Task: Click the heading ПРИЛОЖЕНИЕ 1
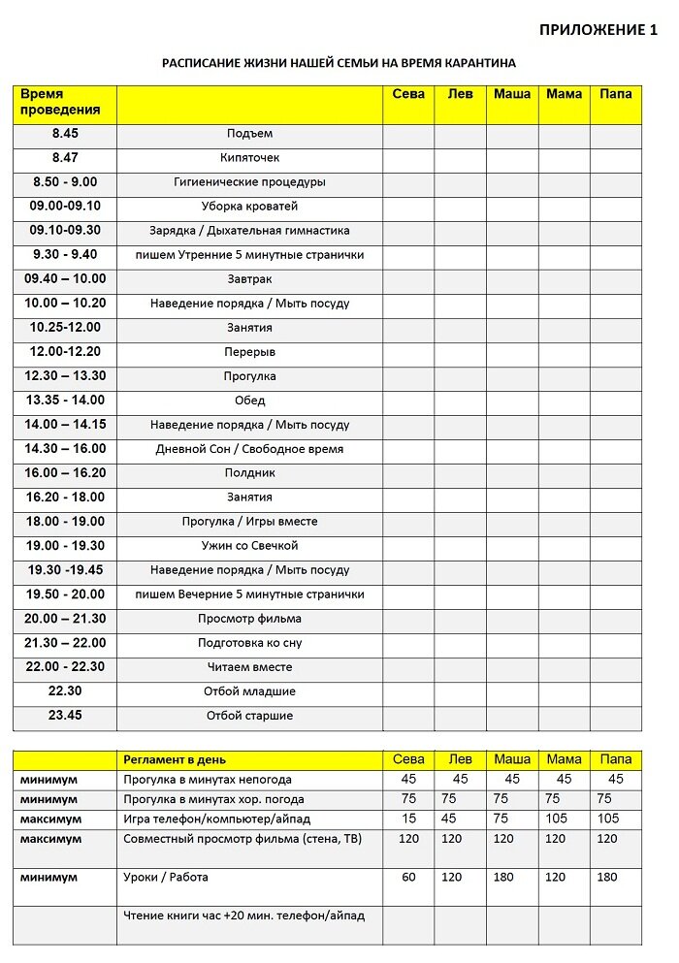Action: (x=598, y=30)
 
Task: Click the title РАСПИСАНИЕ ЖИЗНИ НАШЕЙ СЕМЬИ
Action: (x=339, y=63)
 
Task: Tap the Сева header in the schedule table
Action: (x=408, y=94)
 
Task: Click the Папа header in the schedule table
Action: (x=616, y=94)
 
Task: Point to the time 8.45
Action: (x=65, y=134)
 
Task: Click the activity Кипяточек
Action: (x=249, y=158)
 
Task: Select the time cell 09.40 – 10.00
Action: (x=65, y=279)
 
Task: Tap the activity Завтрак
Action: (x=249, y=279)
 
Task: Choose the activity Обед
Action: (x=249, y=401)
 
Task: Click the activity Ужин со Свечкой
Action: (x=249, y=546)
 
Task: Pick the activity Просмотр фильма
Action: (x=249, y=619)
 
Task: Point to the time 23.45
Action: (x=65, y=716)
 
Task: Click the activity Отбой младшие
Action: (x=249, y=691)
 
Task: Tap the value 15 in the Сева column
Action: (x=408, y=819)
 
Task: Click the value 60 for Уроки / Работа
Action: (x=408, y=878)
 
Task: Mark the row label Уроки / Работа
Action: (x=166, y=878)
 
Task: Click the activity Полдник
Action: (x=249, y=473)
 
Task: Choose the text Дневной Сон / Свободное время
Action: (x=249, y=449)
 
